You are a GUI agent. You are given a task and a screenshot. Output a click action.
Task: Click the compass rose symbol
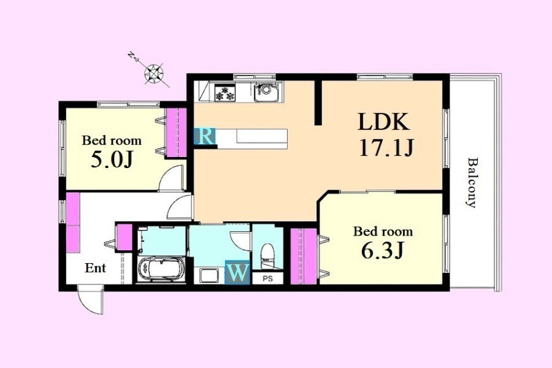(154, 74)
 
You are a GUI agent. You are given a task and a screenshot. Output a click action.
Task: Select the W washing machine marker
(237, 272)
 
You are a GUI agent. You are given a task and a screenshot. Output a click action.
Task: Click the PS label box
(268, 278)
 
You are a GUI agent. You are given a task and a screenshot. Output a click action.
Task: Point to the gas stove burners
(225, 93)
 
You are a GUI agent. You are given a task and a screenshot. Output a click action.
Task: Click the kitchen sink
(266, 91)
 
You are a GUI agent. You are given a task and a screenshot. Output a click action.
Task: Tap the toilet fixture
(267, 254)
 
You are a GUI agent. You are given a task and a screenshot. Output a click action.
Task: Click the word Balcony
(472, 182)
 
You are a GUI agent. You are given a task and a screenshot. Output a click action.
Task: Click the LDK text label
(384, 121)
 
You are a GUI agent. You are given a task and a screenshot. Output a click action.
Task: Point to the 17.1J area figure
(386, 148)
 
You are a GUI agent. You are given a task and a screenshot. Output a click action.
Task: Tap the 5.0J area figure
(112, 159)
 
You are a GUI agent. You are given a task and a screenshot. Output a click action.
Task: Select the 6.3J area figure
(382, 250)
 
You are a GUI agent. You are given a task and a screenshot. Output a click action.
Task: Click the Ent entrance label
(95, 268)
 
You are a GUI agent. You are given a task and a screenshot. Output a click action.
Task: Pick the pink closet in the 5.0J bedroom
(177, 132)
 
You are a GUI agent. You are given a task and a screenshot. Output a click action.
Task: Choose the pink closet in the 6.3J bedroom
(304, 256)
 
